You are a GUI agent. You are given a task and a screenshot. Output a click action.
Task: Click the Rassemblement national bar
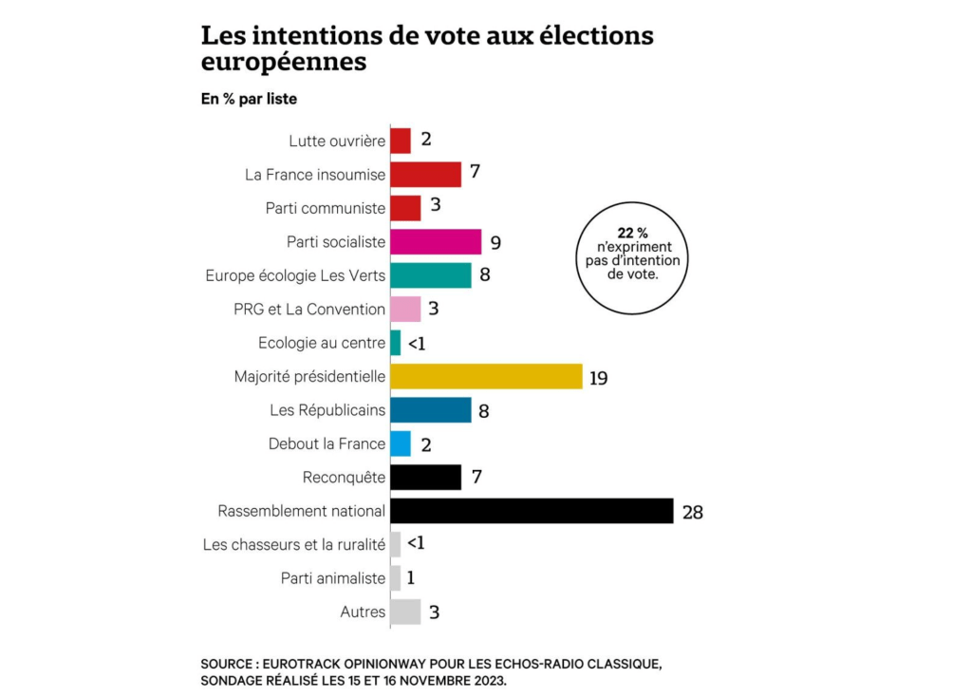532,511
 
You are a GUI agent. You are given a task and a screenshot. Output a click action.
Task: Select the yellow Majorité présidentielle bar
486,376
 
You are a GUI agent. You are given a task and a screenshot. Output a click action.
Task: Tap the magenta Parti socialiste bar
436,241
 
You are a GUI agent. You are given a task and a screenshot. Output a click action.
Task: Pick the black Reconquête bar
425,477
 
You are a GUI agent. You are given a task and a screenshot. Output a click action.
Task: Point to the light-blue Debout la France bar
401,443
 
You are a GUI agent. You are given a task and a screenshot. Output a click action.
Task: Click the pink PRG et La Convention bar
405,309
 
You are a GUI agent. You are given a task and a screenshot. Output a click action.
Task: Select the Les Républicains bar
431,409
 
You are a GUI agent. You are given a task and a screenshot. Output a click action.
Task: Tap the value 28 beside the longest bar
692,513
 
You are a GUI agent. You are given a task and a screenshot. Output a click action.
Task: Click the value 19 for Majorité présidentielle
598,378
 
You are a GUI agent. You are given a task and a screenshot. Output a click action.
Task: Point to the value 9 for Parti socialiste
495,243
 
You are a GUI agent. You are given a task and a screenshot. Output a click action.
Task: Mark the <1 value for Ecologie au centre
416,344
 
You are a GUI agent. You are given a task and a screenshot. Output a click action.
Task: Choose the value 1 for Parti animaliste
411,578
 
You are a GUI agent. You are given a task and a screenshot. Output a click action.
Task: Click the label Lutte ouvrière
337,141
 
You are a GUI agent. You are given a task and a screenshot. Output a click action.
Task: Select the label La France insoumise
315,175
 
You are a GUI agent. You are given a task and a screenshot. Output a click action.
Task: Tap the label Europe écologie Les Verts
295,275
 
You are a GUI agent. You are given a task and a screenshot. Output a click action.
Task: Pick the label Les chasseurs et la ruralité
294,545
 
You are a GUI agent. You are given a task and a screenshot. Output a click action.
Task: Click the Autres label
363,612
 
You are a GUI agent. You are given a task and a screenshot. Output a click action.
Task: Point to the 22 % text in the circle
633,232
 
